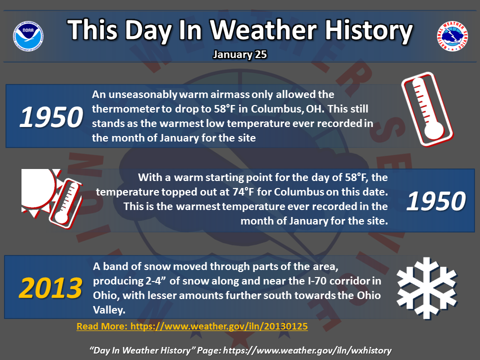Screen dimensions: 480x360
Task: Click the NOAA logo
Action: coord(28,36)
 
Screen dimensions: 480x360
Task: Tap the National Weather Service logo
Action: coord(452,36)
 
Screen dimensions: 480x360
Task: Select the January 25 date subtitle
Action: coord(240,54)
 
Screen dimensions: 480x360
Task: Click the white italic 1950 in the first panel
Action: coord(51,117)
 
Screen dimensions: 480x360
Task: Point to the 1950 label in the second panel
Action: coord(436,201)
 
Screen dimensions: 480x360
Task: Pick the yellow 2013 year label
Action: coord(50,288)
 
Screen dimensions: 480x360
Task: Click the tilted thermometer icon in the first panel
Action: coord(427,109)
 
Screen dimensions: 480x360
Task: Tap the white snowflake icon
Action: coord(426,288)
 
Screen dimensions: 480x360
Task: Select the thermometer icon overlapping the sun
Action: coord(66,203)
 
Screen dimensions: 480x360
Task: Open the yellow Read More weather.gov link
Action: coord(192,326)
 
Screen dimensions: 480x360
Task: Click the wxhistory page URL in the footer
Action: coord(307,350)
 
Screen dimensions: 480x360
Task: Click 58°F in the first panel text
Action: coord(224,109)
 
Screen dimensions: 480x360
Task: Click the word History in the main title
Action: coord(369,30)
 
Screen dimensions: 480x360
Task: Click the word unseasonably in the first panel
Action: coord(142,95)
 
